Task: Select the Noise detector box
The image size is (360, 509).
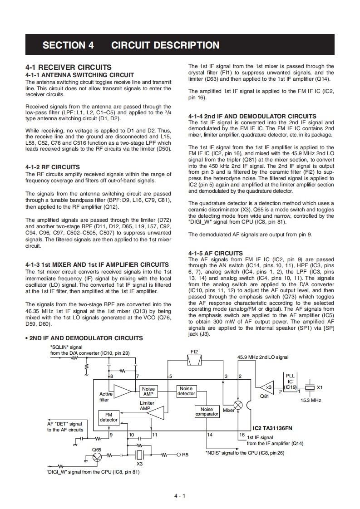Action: click(x=186, y=391)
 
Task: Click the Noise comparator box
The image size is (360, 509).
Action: click(x=207, y=411)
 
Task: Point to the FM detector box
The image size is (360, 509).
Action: click(x=108, y=417)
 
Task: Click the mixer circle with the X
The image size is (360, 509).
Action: click(x=238, y=405)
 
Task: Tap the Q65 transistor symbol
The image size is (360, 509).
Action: click(x=97, y=457)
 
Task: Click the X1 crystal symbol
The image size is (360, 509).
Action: click(x=310, y=388)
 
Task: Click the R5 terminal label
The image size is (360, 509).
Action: click(x=185, y=455)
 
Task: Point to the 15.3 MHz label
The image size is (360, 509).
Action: click(x=311, y=400)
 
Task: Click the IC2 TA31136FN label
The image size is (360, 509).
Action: click(x=272, y=427)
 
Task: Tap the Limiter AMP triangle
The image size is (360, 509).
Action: click(x=155, y=412)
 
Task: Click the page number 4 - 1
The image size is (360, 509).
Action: click(x=180, y=496)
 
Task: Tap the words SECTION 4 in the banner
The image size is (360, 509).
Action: click(x=68, y=45)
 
